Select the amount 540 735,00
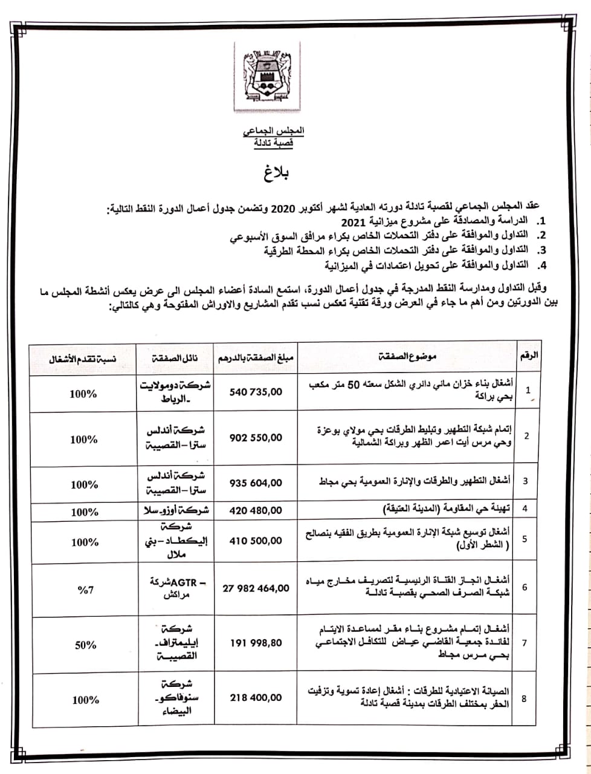coord(256,392)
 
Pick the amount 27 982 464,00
coord(256,587)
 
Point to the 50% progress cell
coord(85,645)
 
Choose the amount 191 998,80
coord(256,643)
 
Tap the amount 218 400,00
coord(256,697)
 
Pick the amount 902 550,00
coord(256,437)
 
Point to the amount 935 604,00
coord(256,483)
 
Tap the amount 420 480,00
coord(256,510)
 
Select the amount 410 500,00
coord(256,540)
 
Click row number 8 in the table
coord(523,698)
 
